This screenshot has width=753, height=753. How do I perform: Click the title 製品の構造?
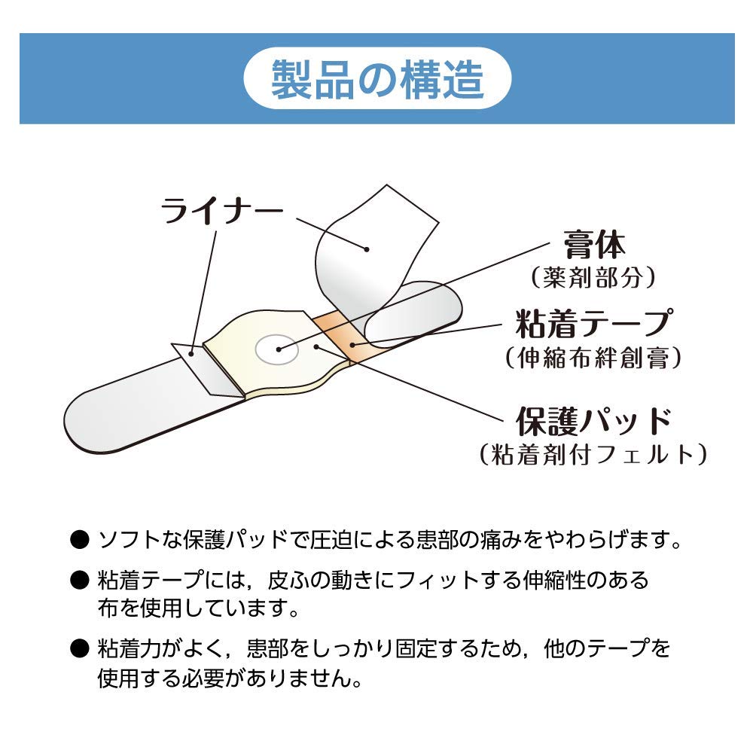click(x=377, y=79)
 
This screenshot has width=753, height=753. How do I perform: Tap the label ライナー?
click(x=221, y=212)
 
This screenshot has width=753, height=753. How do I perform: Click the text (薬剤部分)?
click(x=594, y=278)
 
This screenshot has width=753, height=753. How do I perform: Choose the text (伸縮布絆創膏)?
click(x=594, y=356)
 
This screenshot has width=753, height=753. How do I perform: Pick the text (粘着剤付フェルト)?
click(x=594, y=454)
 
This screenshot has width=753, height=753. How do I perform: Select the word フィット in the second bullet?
click(x=444, y=580)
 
